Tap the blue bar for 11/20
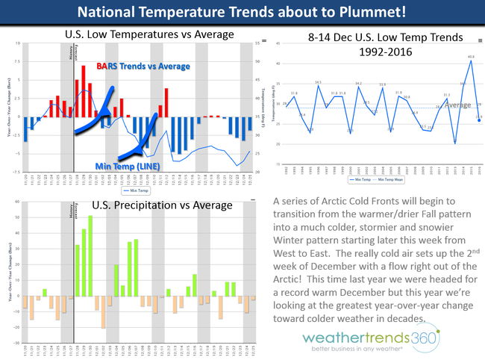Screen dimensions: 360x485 25,128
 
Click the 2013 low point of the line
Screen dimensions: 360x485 454,143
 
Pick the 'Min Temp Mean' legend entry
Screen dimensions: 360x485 397,179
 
